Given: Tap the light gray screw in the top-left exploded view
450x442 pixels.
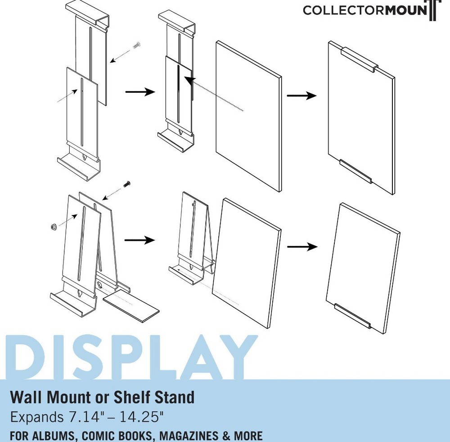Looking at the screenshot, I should click(138, 45).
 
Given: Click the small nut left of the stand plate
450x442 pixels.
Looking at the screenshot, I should click(53, 227).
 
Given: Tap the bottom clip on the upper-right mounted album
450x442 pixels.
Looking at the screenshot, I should click(355, 171).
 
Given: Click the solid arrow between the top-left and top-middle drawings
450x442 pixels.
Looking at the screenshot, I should click(139, 92).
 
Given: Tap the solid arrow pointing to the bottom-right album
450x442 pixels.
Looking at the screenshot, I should click(302, 246).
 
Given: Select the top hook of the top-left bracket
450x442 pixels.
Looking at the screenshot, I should click(89, 14).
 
